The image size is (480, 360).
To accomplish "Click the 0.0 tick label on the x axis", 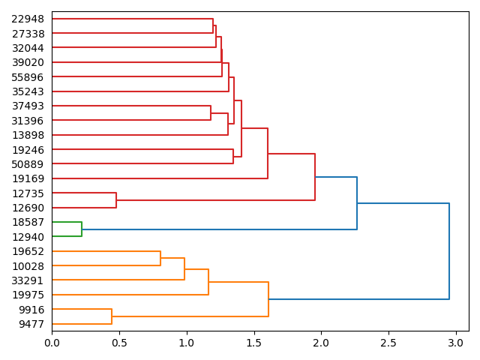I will tap(52, 343).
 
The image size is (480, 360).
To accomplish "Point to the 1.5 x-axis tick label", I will tap(254, 343).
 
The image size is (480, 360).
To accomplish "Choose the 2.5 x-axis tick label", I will tap(388, 343).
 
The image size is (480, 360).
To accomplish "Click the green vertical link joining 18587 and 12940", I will tap(82, 229).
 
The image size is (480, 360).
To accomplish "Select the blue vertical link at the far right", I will tap(449, 251).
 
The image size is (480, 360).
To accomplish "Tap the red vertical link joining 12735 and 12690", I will tap(116, 200).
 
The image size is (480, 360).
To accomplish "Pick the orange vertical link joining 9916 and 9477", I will tap(112, 316).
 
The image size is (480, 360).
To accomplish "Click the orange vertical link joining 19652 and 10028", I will tap(160, 259).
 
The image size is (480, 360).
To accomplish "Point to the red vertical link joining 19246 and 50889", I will tap(233, 157).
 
